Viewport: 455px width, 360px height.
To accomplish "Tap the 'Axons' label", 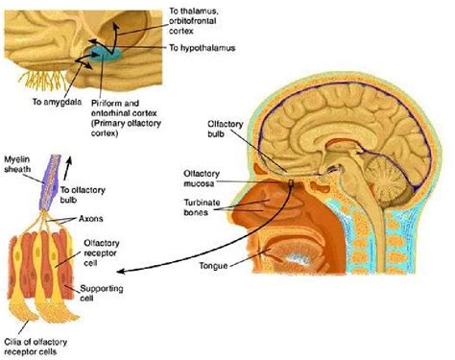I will [x=93, y=220].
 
